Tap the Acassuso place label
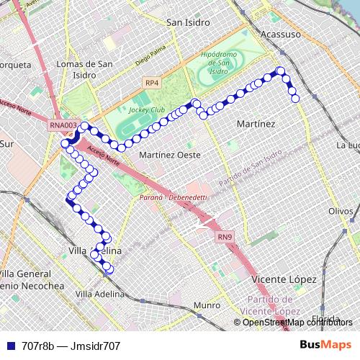[x=280, y=35]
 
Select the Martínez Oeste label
[x=170, y=155]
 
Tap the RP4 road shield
[x=151, y=84]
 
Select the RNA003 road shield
[x=63, y=125]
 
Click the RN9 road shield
[x=225, y=236]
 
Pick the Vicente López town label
[x=285, y=279]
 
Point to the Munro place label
[x=207, y=305]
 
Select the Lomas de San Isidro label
[x=85, y=69]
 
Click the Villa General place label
[x=24, y=274]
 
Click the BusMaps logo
[x=325, y=345]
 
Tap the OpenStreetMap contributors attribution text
[x=297, y=322]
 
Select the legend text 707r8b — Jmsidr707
[x=71, y=346]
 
